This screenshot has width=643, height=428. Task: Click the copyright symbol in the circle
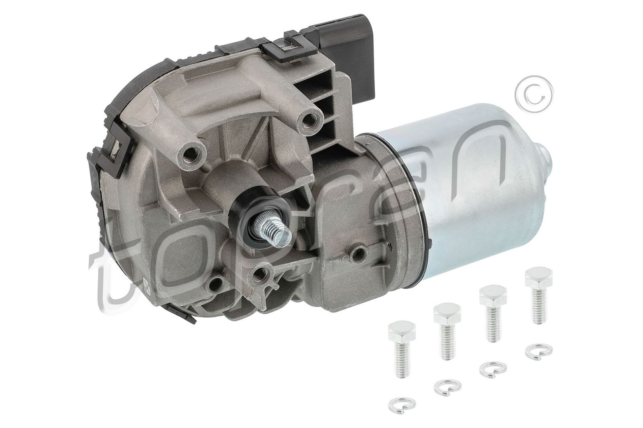point(534,93)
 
